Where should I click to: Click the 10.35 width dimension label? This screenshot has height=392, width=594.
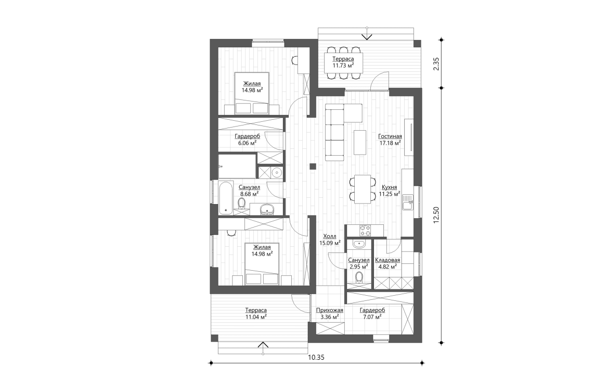(315, 357)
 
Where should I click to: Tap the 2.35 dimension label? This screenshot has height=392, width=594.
(436, 63)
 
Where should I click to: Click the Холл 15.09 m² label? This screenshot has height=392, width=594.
(330, 239)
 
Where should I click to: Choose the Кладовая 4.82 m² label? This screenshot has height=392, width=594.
(387, 263)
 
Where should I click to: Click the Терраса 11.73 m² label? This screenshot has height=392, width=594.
(343, 62)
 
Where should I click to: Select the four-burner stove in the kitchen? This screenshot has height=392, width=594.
(365, 230)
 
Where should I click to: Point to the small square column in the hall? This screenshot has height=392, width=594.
(313, 167)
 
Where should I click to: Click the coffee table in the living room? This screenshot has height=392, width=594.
(359, 141)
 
